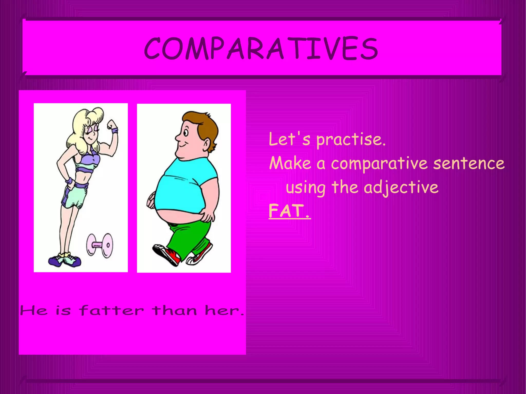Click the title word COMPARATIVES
261,48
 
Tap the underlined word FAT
289,211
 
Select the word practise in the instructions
351,139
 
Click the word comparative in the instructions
379,164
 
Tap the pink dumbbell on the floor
100,245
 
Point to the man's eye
186,133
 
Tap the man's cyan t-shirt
185,185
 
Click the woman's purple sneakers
65,261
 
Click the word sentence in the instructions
469,164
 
